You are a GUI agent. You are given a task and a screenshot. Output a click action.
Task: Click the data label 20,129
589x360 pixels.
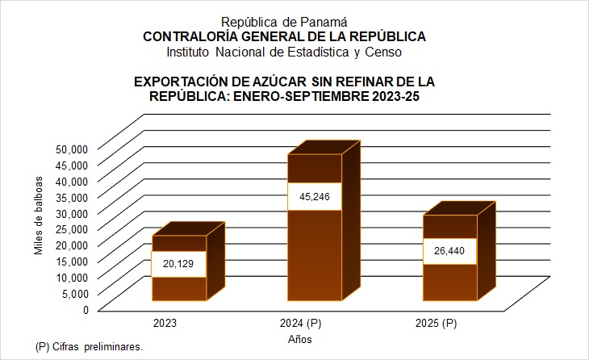179,265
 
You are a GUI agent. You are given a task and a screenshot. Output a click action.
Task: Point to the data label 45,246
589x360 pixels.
315,197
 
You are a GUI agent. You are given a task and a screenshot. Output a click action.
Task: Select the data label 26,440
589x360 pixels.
449,251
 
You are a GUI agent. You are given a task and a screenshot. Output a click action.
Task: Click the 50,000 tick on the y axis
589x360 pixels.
71,149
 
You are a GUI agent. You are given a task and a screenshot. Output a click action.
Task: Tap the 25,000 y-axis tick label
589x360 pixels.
71,228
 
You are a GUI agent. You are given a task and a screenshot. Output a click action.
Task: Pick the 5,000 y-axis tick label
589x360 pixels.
74,293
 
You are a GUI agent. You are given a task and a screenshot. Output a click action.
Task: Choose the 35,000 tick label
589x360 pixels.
71,196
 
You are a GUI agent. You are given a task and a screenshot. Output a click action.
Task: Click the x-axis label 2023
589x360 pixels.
165,324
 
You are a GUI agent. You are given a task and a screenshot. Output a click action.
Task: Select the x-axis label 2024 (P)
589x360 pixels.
300,324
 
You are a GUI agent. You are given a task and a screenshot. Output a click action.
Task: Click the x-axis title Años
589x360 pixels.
300,340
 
